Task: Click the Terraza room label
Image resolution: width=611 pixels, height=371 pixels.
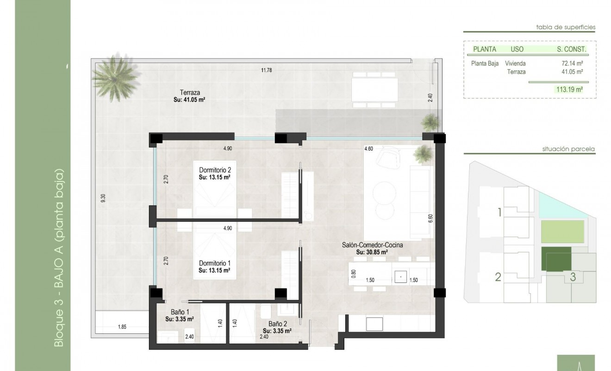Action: coord(190,93)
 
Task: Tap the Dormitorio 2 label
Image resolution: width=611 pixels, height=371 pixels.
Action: coord(215,170)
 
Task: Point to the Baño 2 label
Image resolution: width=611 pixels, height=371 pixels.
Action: coord(277,324)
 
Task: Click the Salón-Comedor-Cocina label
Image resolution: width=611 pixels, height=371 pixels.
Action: coord(372,245)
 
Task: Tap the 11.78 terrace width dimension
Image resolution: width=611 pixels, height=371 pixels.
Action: coord(266,70)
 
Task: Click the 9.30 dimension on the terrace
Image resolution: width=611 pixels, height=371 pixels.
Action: coord(103,197)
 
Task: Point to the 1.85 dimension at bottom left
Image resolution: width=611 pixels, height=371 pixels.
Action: coord(122,327)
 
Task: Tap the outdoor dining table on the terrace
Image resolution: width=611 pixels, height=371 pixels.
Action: coord(374,90)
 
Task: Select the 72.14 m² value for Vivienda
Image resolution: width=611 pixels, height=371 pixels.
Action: coord(572,64)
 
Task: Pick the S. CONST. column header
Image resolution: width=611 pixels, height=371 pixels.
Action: coord(571,49)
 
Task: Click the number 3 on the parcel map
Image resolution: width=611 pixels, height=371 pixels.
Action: coord(573,277)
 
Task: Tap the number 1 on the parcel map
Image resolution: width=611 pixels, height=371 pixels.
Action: coord(499,213)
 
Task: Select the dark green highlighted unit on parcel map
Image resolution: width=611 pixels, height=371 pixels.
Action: coord(556,258)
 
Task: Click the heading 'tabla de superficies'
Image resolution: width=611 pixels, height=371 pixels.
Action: coord(566,27)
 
